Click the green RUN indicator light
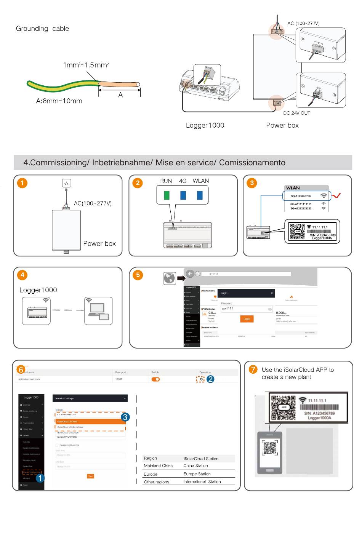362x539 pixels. coord(167,195)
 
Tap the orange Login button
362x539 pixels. coord(247,319)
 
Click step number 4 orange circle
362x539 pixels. coord(22,275)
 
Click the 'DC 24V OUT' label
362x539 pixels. coord(296,113)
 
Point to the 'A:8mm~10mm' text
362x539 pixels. coord(59,101)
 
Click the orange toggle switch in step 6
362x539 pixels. coord(155,379)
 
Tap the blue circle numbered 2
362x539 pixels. coord(211,379)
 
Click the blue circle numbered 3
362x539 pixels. coord(125,417)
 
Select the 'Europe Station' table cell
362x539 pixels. coord(197,474)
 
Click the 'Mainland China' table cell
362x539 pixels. coord(158,466)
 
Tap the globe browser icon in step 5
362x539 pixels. coord(169,278)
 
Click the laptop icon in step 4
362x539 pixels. coord(98,311)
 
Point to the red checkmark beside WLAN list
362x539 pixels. coord(336,196)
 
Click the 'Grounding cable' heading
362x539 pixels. coord(42,29)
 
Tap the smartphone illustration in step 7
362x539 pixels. coord(270,452)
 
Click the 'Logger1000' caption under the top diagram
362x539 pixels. coord(205,125)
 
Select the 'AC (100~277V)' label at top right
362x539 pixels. coord(303,23)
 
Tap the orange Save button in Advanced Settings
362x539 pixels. coord(90,476)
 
